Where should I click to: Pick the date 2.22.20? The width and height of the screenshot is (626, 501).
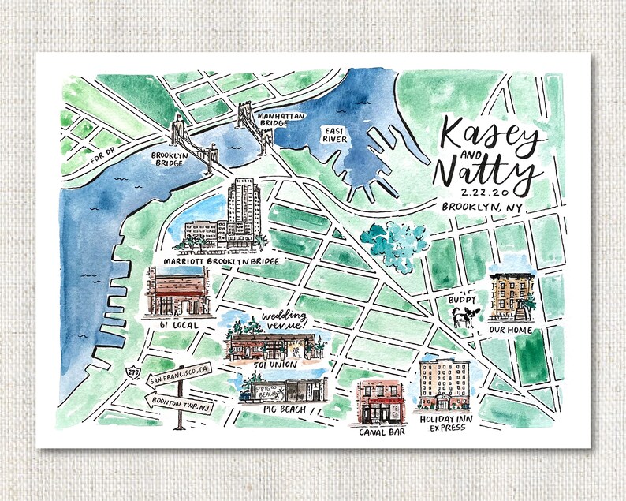pos(471,192)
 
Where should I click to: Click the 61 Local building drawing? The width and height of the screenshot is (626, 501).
pos(178,292)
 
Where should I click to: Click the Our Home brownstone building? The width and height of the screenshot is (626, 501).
pos(510,297)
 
